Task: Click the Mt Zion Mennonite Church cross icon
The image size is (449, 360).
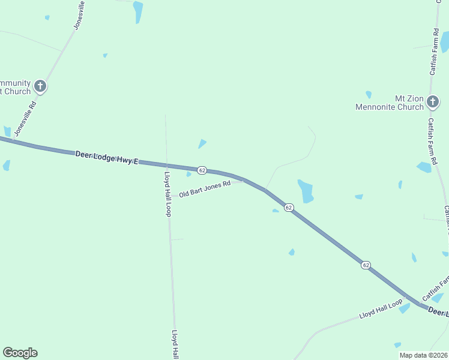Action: (433, 103)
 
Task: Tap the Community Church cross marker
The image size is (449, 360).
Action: (40, 86)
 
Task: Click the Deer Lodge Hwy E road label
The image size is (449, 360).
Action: (107, 158)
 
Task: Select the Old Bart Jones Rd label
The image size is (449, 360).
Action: (205, 190)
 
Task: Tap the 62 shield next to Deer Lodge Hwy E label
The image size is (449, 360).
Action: (202, 170)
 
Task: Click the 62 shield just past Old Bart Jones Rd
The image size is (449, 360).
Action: (289, 207)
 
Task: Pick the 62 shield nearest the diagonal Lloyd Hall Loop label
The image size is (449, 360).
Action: (366, 265)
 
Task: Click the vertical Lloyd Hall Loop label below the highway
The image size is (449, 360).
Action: (168, 194)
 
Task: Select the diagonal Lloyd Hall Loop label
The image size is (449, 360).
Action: (381, 309)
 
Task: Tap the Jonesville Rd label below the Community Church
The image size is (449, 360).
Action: (25, 118)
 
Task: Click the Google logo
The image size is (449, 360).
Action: (20, 353)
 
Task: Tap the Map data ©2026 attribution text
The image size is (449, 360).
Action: (423, 355)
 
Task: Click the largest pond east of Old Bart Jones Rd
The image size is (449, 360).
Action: (306, 191)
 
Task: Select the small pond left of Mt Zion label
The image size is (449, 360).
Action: (369, 94)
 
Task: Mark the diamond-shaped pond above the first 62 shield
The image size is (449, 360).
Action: (202, 144)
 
